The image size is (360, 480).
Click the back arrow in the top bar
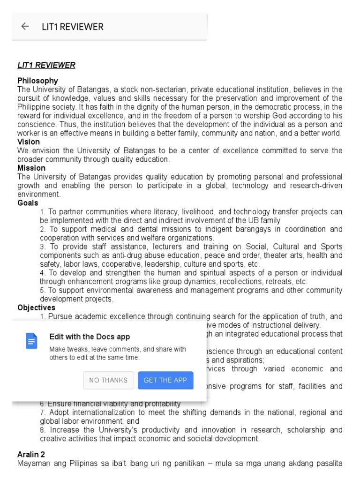(x=25, y=27)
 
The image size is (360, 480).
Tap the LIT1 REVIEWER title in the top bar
(x=72, y=27)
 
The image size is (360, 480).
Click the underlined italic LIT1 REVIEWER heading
(x=46, y=65)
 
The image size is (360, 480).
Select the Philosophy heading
(x=38, y=81)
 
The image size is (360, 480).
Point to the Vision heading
(x=29, y=142)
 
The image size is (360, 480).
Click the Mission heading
(x=31, y=168)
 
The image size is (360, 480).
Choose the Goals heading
(x=28, y=203)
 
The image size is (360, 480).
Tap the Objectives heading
(x=37, y=307)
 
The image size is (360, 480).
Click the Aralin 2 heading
(x=31, y=455)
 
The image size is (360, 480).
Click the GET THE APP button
(x=165, y=380)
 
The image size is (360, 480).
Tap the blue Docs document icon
(x=31, y=341)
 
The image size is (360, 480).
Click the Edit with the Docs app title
(x=90, y=337)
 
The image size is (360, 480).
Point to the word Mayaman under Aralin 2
(x=32, y=464)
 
